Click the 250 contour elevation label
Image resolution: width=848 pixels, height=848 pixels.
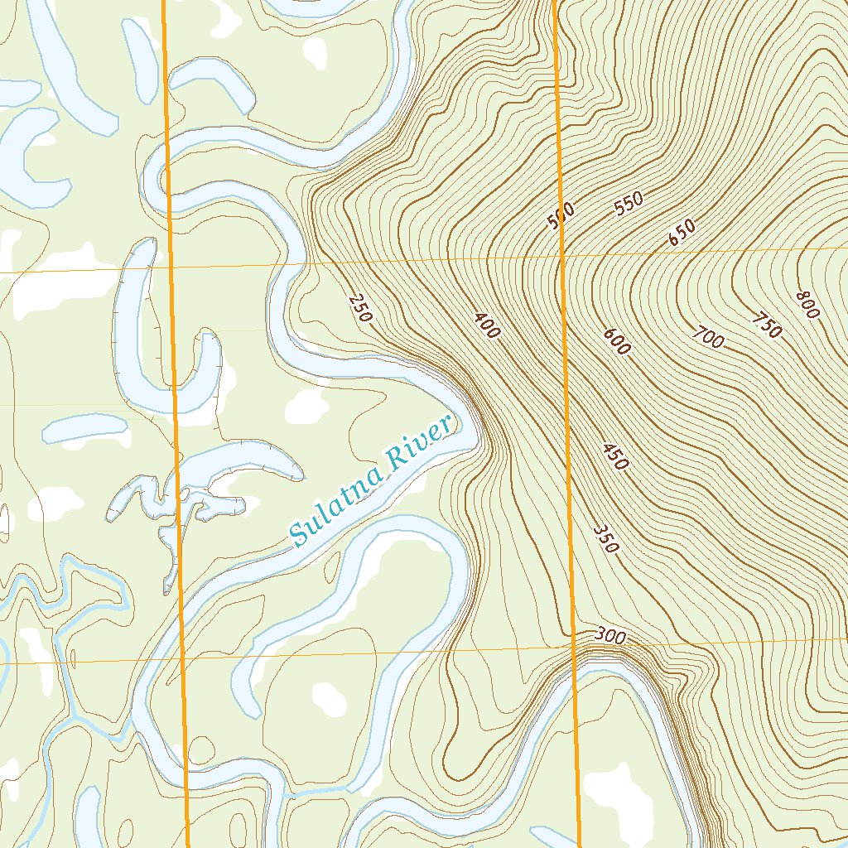(361, 307)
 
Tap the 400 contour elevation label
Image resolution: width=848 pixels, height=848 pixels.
(487, 325)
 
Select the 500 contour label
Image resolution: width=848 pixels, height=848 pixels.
(561, 217)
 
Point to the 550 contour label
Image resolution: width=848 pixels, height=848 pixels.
(629, 204)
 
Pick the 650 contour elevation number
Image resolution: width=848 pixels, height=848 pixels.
(682, 233)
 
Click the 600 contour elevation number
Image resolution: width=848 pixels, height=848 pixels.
(616, 341)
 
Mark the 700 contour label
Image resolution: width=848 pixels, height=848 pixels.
(709, 337)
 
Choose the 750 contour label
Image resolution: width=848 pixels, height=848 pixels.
(767, 325)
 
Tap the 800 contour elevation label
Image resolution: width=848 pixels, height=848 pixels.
(807, 305)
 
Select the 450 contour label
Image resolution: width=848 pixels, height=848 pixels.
(614, 457)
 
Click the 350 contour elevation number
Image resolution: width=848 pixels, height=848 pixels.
(606, 538)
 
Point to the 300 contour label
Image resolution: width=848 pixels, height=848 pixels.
(609, 636)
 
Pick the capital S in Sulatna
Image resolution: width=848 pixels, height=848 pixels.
(299, 535)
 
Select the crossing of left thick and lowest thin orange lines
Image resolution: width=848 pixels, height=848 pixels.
(183, 660)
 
